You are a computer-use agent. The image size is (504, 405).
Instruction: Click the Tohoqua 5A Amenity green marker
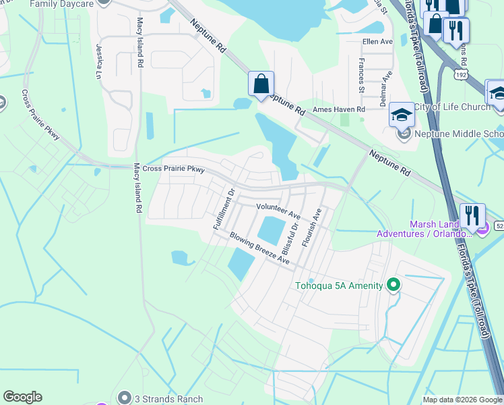(393, 285)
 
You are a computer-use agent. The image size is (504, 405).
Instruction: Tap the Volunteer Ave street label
(278, 211)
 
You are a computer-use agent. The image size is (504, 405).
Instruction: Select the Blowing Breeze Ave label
(259, 248)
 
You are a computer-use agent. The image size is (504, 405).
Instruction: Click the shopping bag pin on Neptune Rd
(261, 85)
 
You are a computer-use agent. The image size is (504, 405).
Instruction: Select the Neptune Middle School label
(459, 134)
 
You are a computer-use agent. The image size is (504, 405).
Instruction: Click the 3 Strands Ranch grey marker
(124, 398)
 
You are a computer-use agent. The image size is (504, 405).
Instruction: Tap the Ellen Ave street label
(377, 41)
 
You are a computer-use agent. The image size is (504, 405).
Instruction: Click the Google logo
(22, 397)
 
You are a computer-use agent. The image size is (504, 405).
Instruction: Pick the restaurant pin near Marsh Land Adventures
(472, 216)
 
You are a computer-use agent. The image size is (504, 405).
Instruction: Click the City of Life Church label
(452, 107)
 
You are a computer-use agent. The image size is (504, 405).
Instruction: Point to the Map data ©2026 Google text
(462, 400)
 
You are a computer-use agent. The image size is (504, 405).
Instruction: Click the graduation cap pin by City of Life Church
(402, 114)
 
